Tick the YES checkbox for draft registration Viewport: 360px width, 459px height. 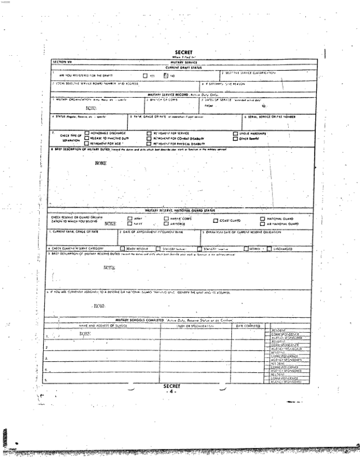[145, 75]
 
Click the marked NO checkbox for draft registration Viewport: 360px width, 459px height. [166, 75]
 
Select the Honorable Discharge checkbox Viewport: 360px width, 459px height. [87, 133]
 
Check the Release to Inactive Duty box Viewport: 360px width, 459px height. [87, 138]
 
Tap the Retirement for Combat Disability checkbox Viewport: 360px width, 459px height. [148, 138]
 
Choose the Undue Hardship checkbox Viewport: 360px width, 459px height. [235, 133]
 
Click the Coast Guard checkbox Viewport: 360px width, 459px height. [216, 221]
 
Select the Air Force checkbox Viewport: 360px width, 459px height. [166, 223]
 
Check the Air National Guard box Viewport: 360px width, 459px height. [262, 223]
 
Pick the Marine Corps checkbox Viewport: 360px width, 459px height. [166, 218]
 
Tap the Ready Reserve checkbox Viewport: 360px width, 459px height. [122, 249]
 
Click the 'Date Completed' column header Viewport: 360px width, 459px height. [248, 325]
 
